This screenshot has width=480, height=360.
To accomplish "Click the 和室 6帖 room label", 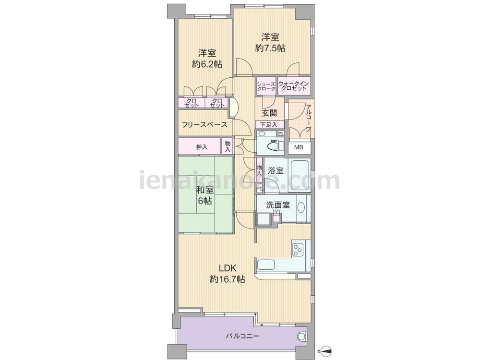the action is [x=205, y=195].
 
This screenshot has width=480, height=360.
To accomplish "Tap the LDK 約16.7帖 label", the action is [x=227, y=274].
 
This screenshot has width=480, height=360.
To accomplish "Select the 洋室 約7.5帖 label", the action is [x=270, y=43].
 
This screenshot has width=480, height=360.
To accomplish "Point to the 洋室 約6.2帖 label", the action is [x=207, y=59].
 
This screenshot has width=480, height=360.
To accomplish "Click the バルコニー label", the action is [x=243, y=336].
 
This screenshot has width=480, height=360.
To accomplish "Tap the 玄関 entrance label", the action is [x=269, y=113].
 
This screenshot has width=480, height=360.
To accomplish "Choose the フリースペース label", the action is [x=204, y=125].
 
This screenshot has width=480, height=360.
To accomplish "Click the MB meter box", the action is [x=299, y=147].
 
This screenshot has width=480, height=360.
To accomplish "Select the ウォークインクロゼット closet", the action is [x=294, y=86].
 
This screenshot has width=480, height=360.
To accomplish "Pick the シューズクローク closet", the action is [x=266, y=86].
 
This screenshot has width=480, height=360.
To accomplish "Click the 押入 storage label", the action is [x=202, y=147].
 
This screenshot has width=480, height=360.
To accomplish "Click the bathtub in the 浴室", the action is [x=300, y=175].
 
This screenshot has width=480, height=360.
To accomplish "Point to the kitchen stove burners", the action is [x=297, y=249].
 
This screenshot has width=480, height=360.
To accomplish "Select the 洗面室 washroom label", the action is [x=277, y=205].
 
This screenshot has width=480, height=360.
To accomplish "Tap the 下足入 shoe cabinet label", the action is [x=269, y=125].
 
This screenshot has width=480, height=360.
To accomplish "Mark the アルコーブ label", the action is [x=309, y=119].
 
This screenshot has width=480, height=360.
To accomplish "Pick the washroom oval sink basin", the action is [x=301, y=208].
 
